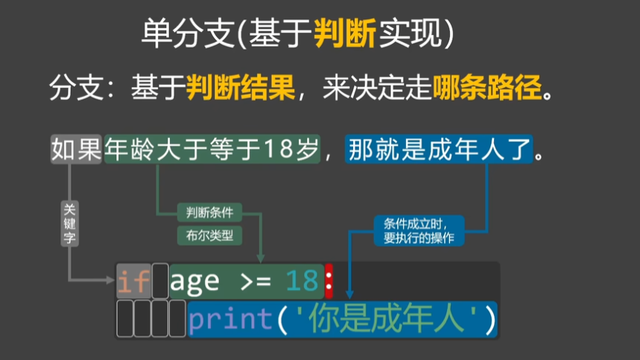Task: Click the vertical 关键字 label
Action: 69,223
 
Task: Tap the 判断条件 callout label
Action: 209,212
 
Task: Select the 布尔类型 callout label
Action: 209,236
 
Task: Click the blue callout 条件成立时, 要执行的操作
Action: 419,230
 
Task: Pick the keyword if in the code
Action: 133,281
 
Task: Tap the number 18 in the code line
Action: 302,281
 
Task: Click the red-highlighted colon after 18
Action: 329,281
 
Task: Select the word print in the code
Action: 230,320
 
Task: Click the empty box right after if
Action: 160,281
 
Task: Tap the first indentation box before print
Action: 124,320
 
